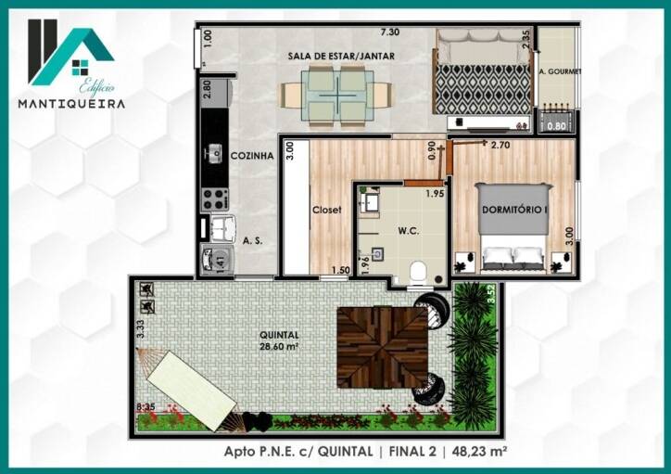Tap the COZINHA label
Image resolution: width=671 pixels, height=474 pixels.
pos(251,156)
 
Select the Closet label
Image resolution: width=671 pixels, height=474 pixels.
pos(326,210)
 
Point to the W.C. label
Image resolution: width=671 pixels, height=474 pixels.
pos(409,232)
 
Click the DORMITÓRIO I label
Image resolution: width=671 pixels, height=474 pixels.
pos(515,210)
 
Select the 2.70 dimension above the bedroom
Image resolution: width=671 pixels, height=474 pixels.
pos(500,145)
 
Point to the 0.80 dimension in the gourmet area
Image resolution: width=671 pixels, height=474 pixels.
pos(556,126)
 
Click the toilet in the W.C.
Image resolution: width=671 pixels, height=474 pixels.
pos(418,271)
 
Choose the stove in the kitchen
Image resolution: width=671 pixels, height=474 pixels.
pos(215,198)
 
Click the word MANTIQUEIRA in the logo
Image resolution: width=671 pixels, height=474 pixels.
pos(71,104)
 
